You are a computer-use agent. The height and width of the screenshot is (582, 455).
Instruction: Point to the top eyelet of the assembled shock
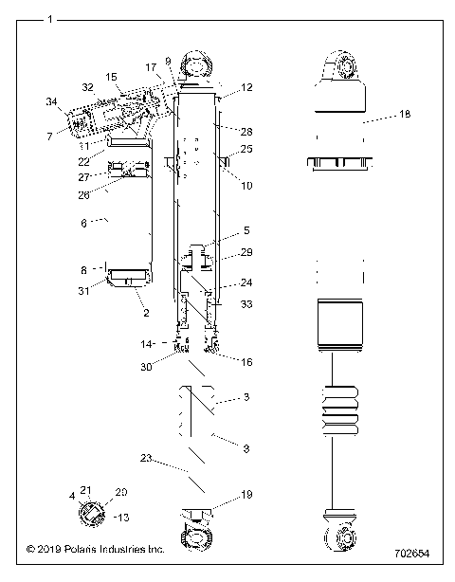click(341, 67)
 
